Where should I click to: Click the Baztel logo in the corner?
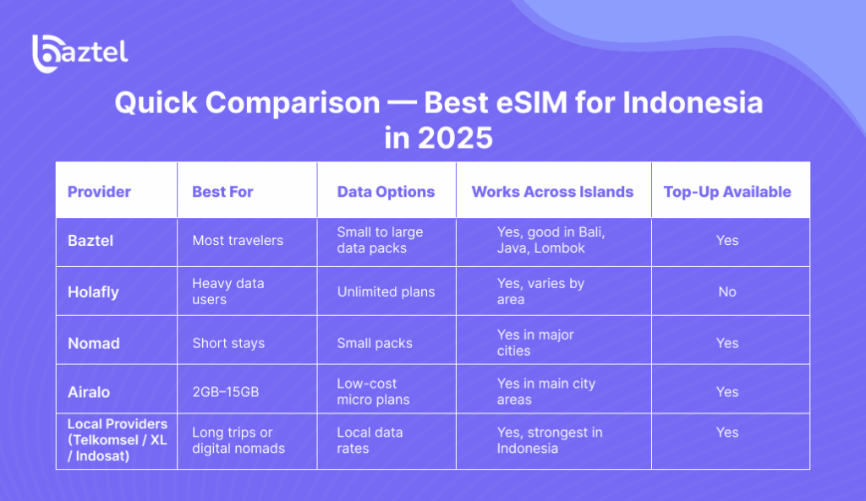tap(79, 52)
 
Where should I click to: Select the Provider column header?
tap(99, 192)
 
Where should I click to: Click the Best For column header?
tap(222, 192)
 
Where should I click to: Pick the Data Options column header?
tap(386, 192)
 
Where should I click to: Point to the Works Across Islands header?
tap(552, 192)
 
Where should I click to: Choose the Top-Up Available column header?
tap(726, 192)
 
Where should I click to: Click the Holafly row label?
tap(93, 291)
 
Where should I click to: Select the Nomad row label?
tap(93, 343)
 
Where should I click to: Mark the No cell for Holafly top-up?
tap(726, 291)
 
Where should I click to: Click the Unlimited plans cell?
tap(386, 291)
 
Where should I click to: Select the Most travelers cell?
tap(238, 241)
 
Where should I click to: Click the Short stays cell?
tap(228, 343)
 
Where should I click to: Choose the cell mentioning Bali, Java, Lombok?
tap(551, 240)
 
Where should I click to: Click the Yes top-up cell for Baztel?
tap(726, 241)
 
